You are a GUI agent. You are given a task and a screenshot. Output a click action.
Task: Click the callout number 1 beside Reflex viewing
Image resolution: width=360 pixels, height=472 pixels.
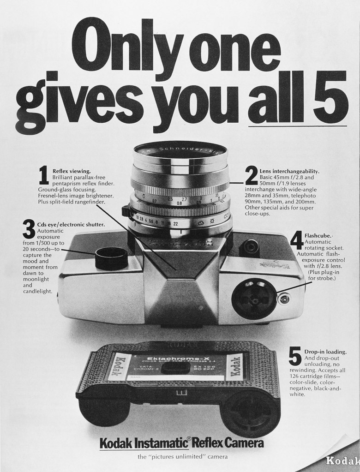pyautogui.click(x=44, y=177)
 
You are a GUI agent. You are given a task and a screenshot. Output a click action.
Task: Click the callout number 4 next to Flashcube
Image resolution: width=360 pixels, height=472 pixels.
pyautogui.click(x=297, y=241)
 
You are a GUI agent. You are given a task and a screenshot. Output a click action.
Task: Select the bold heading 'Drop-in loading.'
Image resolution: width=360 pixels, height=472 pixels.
pyautogui.click(x=325, y=352)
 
